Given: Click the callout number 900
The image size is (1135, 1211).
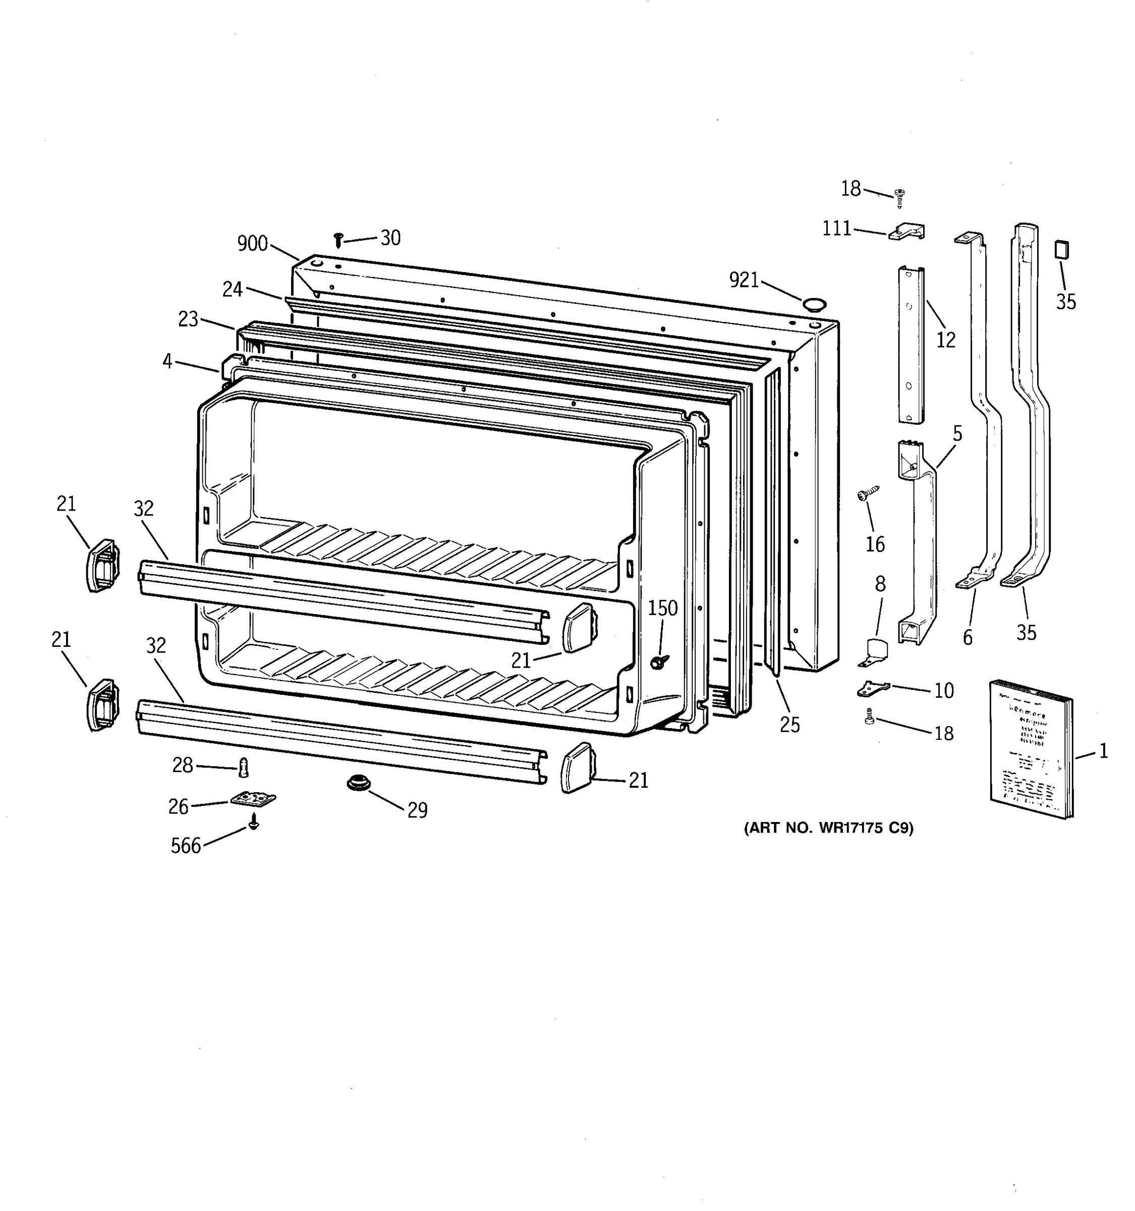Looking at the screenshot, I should [252, 244].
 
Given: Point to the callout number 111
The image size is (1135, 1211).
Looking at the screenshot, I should [837, 229].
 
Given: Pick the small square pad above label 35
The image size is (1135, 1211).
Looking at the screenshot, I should [1062, 249].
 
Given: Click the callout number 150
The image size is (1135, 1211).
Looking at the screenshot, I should [662, 608].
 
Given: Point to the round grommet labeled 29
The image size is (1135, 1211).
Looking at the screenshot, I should [359, 783].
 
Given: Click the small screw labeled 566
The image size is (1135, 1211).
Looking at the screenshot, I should [254, 824].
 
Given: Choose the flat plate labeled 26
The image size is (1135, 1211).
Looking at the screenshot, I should [253, 798].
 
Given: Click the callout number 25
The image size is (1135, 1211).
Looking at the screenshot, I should [790, 724].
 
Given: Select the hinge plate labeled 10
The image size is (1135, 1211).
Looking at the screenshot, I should [873, 689].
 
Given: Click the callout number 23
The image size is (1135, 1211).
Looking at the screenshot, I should [188, 318].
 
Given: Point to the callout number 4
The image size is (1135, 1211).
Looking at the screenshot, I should [167, 361].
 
